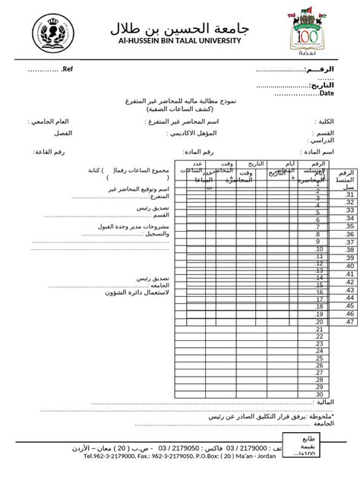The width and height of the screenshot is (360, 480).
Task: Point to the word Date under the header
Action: (x=327, y=93)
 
